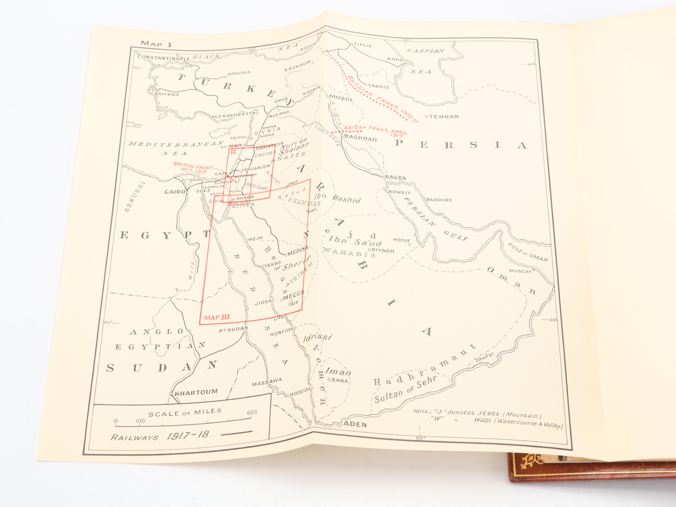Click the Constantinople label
pyautogui.click(x=164, y=57)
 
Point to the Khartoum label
pyautogui.click(x=196, y=392)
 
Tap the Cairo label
pyautogui.click(x=175, y=192)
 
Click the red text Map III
pyautogui.click(x=217, y=317)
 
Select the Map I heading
pyautogui.click(x=156, y=44)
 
